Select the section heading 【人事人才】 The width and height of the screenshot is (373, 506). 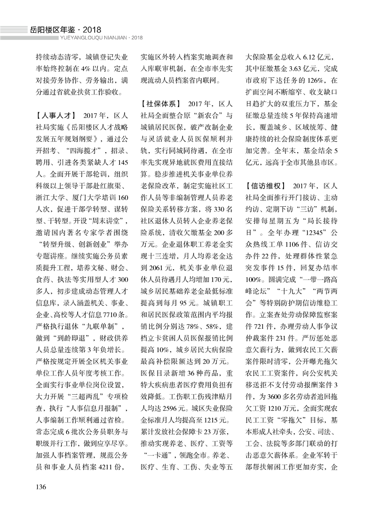[56, 115]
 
